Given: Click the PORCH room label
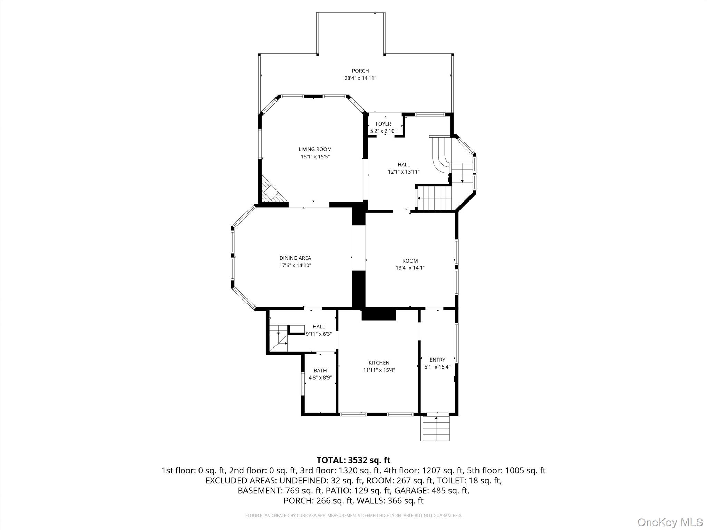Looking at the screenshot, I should click(360, 71).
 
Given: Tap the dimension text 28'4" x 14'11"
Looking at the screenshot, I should click(360, 78).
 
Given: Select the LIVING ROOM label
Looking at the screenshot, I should click(315, 149).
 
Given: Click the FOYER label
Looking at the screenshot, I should click(383, 124).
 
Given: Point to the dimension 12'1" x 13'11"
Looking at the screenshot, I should click(404, 172).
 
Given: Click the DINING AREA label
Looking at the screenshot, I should click(295, 258).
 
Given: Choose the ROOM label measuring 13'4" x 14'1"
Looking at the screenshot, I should click(410, 261).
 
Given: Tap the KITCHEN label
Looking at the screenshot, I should click(379, 363).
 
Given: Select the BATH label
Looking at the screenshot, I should click(320, 371).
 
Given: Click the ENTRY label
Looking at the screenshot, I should click(437, 360).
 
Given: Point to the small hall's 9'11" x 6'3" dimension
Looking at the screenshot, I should click(319, 334).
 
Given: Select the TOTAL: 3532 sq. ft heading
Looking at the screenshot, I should click(353, 460).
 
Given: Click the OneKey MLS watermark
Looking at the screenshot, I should click(670, 522).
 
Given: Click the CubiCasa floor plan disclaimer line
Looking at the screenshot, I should click(353, 516).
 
